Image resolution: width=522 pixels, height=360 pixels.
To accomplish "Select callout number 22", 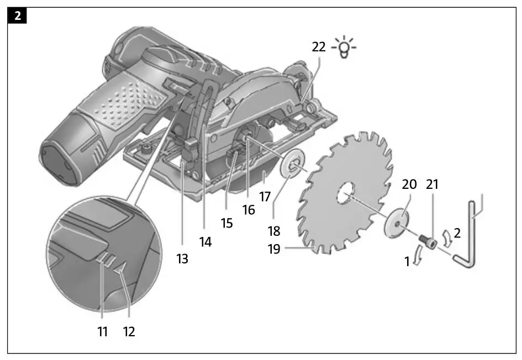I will pos(319,48).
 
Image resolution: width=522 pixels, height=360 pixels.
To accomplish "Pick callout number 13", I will pos(182,258).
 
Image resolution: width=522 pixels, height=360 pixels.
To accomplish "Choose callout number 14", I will pos(205,241).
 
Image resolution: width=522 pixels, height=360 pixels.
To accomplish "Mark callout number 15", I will pos(227,223).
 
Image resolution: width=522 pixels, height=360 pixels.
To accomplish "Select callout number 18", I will pos(274,230).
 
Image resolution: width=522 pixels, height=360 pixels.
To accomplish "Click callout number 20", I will pos(409,184).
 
